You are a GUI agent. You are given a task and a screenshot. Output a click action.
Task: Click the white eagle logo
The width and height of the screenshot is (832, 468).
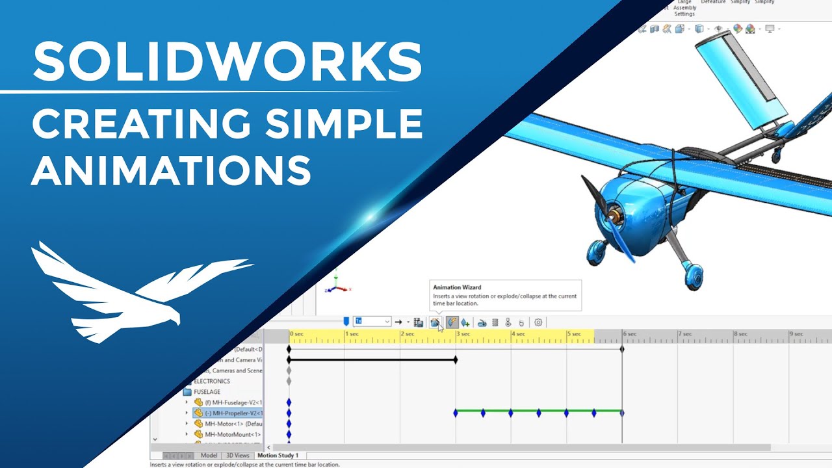pyautogui.click(x=136, y=292)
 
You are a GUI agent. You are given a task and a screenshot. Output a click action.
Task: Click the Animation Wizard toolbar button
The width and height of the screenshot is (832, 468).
pyautogui.click(x=435, y=322)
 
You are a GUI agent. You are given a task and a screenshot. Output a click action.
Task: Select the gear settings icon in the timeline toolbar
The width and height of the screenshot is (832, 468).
pyautogui.click(x=538, y=322)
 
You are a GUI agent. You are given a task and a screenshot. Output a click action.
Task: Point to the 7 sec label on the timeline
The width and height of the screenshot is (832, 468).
pyautogui.click(x=685, y=334)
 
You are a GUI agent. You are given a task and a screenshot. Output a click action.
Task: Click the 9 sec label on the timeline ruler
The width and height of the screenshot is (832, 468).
pyautogui.click(x=796, y=334)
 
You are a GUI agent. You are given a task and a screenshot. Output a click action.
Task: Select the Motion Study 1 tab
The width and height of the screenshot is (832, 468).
pyautogui.click(x=278, y=456)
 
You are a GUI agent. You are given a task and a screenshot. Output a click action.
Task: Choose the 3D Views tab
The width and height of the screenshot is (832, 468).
pyautogui.click(x=237, y=456)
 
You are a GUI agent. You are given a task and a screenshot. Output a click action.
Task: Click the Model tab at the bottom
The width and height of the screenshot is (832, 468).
pyautogui.click(x=209, y=456)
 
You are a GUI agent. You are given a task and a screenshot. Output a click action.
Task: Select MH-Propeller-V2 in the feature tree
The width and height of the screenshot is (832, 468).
pyautogui.click(x=233, y=413)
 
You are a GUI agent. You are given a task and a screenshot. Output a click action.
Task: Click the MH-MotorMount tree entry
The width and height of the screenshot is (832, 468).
pyautogui.click(x=232, y=435)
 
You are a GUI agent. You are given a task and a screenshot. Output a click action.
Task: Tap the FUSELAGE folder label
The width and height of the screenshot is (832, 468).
pyautogui.click(x=207, y=392)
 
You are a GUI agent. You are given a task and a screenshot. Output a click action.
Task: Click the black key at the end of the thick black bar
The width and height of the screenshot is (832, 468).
pyautogui.click(x=456, y=359)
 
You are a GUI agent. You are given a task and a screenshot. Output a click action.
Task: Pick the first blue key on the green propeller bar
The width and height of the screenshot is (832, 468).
pyautogui.click(x=456, y=413)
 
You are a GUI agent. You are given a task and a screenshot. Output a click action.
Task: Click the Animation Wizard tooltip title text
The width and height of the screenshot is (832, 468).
pyautogui.click(x=457, y=287)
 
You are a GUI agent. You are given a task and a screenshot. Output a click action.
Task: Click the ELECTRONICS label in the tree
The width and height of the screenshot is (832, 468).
pyautogui.click(x=211, y=382)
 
